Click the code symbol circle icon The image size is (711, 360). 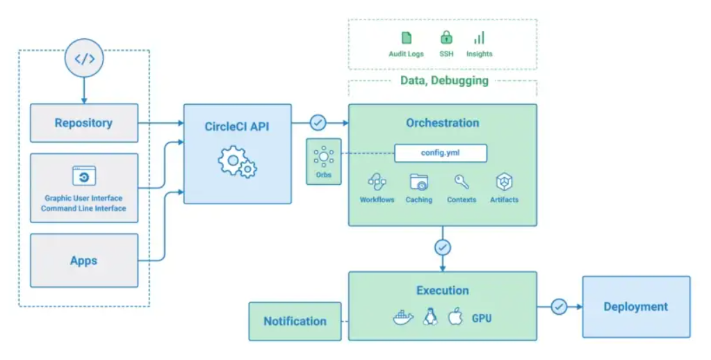[84, 59]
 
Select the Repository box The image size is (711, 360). [84, 123]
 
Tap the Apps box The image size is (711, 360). [84, 261]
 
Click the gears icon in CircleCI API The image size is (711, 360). [237, 162]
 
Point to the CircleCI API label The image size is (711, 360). [237, 126]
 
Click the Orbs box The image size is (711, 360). [323, 161]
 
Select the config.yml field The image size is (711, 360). [441, 153]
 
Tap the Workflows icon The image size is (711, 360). [377, 183]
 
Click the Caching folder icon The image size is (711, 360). [418, 183]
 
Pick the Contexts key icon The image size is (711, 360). [461, 182]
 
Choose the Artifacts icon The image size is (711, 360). [504, 183]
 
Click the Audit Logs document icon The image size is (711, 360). [407, 38]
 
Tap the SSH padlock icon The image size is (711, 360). [446, 38]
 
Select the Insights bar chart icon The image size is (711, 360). [479, 38]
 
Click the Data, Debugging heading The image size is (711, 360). [444, 81]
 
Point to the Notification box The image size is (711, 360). [295, 321]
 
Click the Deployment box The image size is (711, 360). [635, 306]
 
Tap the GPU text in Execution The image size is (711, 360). [482, 318]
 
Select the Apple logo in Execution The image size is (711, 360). [455, 318]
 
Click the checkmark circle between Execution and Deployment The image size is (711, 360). [559, 306]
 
